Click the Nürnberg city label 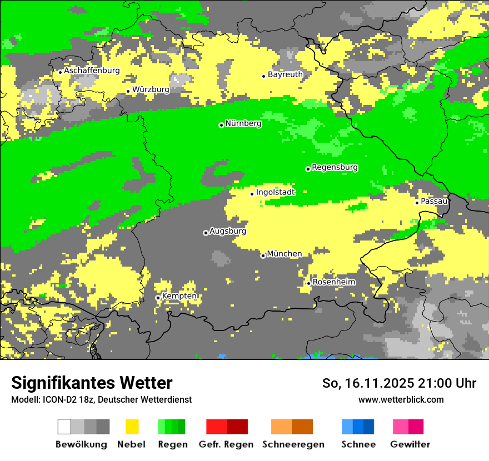coord(243,123)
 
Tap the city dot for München coord(263,255)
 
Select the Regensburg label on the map coord(335,167)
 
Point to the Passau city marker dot coord(417,203)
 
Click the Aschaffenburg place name coord(92,71)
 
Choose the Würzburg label coord(151,89)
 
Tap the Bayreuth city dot coord(264,76)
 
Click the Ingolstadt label coord(276,192)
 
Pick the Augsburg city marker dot coord(206,233)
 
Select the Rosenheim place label coord(334,282)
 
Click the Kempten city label coord(179,296)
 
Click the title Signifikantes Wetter coord(92,383)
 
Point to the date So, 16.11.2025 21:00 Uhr coord(399,383)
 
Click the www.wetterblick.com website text coord(401,399)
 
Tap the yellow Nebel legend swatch coord(132,427)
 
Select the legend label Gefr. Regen coord(226,444)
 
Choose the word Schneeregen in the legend coord(293,444)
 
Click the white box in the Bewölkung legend coord(64,427)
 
